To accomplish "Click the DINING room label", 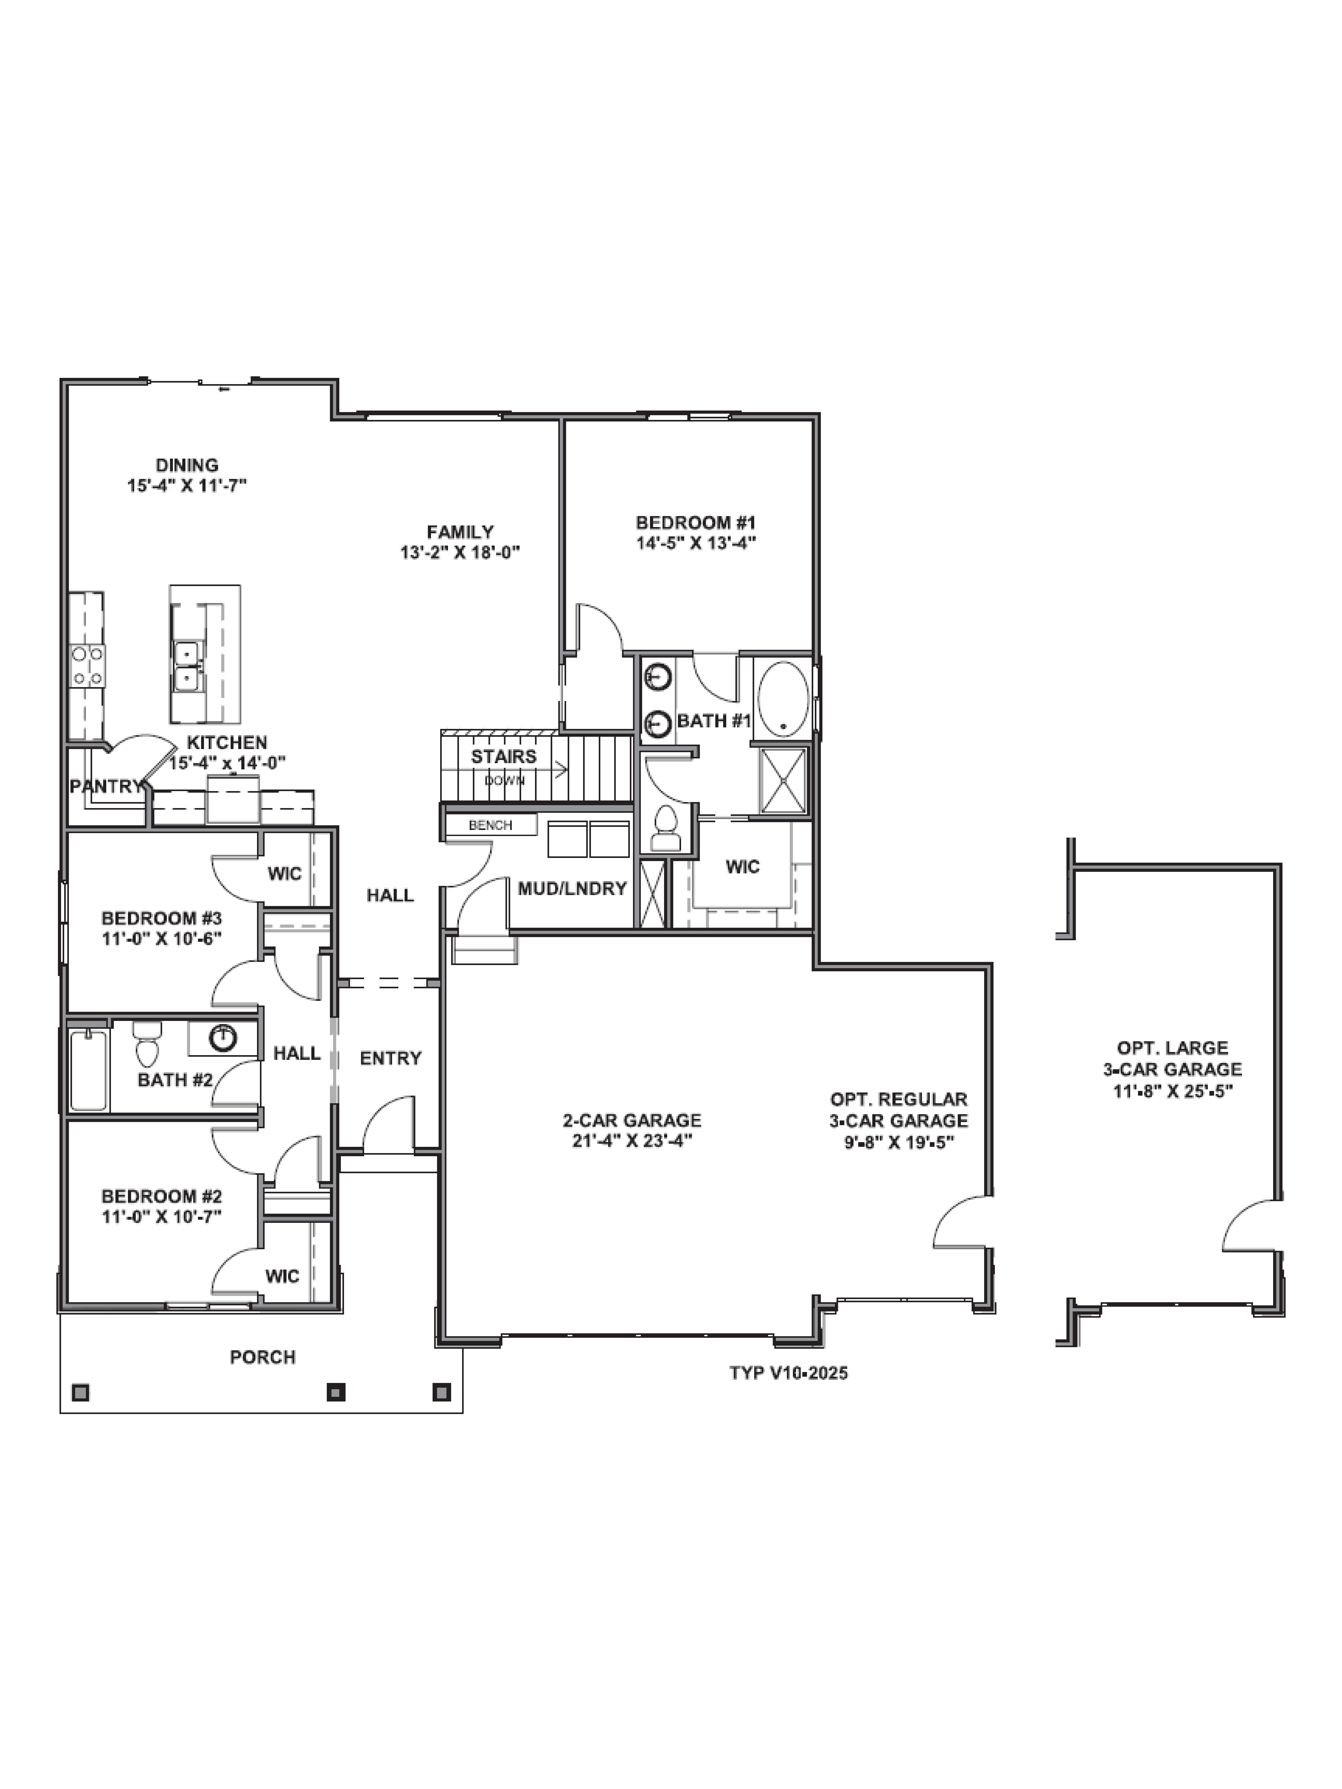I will (187, 465).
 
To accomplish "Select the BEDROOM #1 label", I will (696, 523).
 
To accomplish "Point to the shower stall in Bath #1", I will (783, 780).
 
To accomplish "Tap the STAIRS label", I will (504, 757).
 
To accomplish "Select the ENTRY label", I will (391, 1058).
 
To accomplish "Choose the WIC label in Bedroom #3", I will (285, 873).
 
